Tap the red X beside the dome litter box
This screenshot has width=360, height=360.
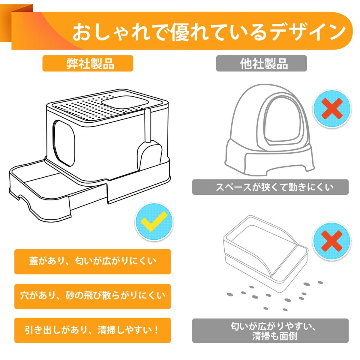click(x=332, y=108)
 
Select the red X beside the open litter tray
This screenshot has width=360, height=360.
click(x=332, y=241)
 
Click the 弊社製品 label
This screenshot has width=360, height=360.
click(x=88, y=63)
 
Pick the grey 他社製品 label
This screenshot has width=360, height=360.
click(x=261, y=63)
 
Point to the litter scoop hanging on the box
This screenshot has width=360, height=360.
click(x=149, y=142)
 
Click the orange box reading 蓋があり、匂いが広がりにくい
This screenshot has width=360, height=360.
click(x=92, y=262)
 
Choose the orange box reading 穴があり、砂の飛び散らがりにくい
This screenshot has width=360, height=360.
click(x=92, y=296)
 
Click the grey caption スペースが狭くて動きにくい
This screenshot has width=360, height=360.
click(x=270, y=187)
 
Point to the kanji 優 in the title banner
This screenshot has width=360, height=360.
click(x=182, y=32)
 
